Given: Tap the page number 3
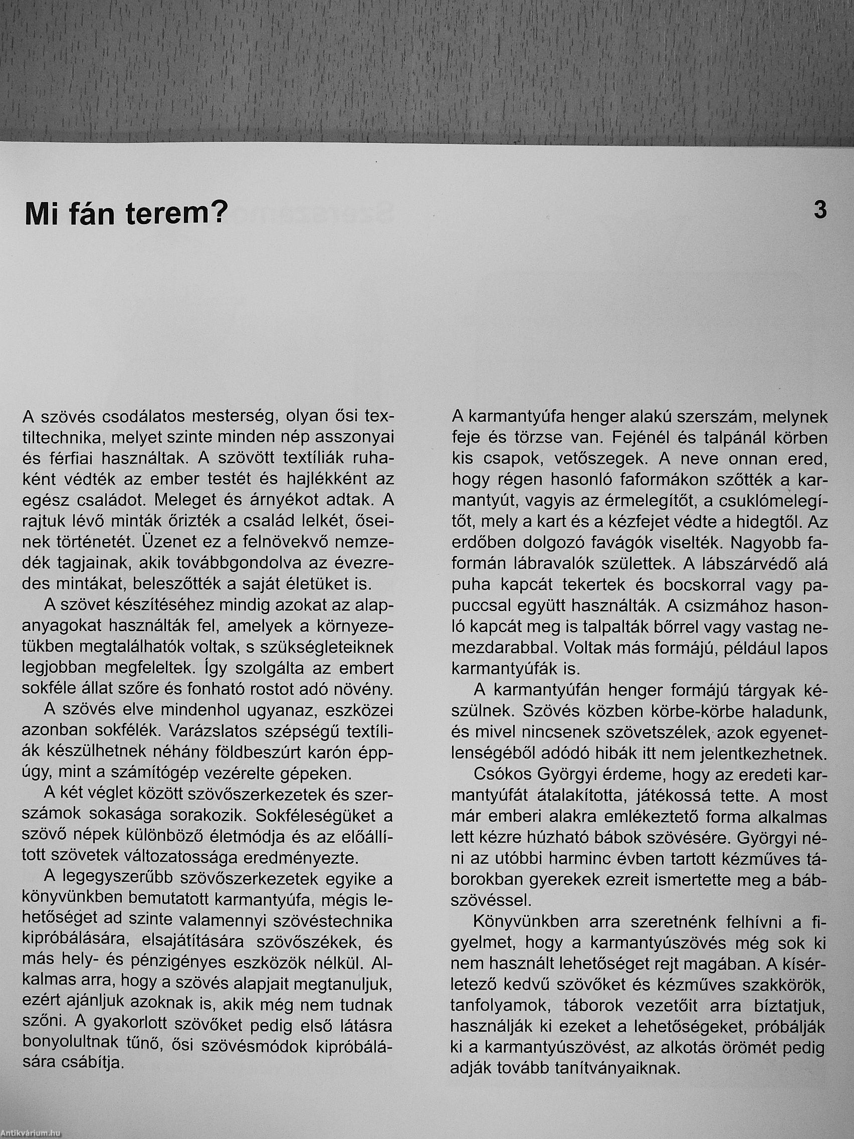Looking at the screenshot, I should pyautogui.click(x=819, y=211).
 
